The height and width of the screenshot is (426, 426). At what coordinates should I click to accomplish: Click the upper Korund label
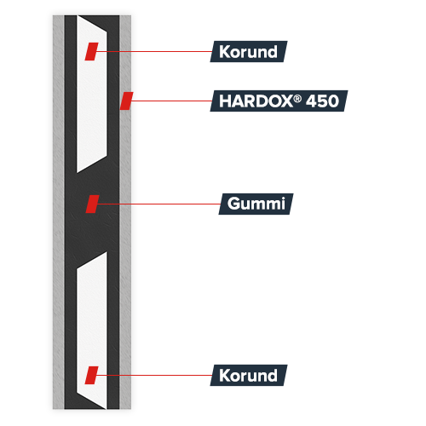[249, 51]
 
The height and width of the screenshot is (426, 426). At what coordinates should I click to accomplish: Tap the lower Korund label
[249, 375]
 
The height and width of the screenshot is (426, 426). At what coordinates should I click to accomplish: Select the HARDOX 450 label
[279, 101]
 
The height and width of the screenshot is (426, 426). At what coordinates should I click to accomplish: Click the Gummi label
[256, 204]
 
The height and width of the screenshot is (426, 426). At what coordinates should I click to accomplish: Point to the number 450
[322, 101]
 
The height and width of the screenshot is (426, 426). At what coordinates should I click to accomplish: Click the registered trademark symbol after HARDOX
[297, 99]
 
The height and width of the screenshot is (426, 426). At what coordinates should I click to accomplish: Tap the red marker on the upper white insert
[91, 51]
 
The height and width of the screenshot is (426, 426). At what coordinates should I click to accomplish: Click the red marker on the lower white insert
[91, 375]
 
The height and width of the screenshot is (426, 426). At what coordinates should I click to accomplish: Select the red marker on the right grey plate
[126, 101]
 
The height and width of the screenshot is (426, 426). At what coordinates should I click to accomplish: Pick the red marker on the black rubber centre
[93, 204]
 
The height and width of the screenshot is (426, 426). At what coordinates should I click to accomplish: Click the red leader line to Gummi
[158, 204]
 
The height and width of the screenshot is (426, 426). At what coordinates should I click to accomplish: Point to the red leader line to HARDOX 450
[171, 101]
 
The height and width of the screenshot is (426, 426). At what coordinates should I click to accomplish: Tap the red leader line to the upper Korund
[154, 51]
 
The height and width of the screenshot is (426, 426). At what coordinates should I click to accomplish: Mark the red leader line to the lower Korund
[154, 375]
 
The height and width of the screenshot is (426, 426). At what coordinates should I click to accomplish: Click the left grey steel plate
[59, 212]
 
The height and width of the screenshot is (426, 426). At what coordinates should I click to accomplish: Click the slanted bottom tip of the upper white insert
[78, 172]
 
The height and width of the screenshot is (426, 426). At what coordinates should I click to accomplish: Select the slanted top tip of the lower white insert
[106, 252]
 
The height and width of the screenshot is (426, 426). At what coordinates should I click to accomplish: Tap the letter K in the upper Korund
[224, 52]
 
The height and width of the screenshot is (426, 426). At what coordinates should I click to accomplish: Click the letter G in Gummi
[233, 204]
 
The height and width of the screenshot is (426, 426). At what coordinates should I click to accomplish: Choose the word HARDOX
[256, 101]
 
